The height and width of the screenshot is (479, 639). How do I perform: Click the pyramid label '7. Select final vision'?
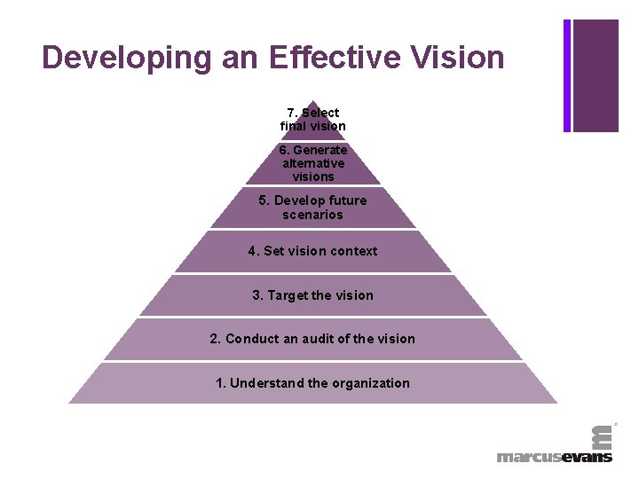(x=312, y=120)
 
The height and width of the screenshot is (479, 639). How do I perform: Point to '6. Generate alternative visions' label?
(x=312, y=163)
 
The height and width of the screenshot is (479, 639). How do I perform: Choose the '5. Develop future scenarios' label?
(x=312, y=208)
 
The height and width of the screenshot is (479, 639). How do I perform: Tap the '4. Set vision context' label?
(x=312, y=251)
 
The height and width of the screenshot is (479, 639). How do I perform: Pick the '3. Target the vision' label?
(x=312, y=295)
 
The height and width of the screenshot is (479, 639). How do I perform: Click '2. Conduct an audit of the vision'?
(x=312, y=339)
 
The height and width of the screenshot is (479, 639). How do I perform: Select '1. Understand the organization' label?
(x=312, y=383)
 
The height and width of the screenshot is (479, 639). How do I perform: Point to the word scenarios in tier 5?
(x=312, y=215)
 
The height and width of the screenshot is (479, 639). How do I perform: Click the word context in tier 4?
(x=353, y=251)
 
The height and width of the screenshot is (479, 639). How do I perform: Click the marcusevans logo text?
(x=554, y=457)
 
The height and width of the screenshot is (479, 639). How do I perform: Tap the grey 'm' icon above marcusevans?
(x=602, y=436)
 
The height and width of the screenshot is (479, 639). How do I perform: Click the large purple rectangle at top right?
(x=596, y=75)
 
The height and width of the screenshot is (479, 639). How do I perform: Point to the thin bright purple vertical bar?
(x=567, y=75)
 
